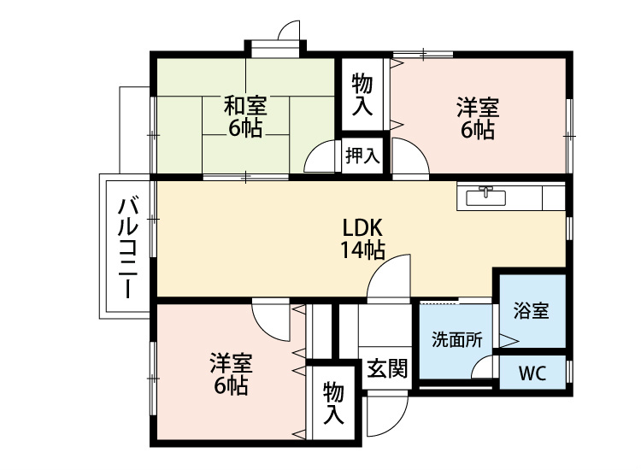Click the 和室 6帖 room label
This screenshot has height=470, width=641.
pyautogui.click(x=245, y=116)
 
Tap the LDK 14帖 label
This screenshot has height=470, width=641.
pyautogui.click(x=362, y=239)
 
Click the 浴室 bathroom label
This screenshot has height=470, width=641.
pyautogui.click(x=531, y=310)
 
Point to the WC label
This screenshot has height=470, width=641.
pyautogui.click(x=532, y=373)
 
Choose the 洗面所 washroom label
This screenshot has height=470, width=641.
pyautogui.click(x=457, y=339)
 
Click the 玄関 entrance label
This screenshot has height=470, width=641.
pyautogui.click(x=386, y=368)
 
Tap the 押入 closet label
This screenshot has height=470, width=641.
pyautogui.click(x=362, y=156)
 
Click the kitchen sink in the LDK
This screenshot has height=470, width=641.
pyautogui.click(x=486, y=197)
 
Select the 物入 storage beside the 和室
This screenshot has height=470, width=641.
pyautogui.click(x=362, y=94)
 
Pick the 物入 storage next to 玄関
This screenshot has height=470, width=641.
pyautogui.click(x=333, y=403)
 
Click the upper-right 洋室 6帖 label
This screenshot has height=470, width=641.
pyautogui.click(x=478, y=118)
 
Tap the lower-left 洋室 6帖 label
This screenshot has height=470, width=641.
pyautogui.click(x=232, y=374)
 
